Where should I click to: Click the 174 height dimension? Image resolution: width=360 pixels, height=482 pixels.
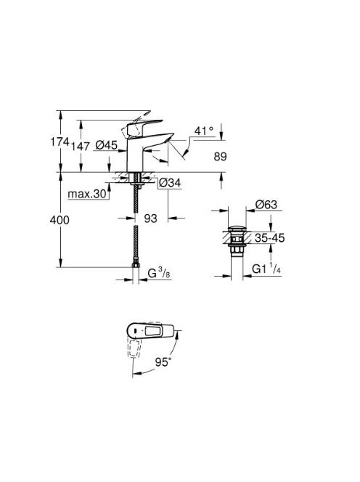[x=60, y=142]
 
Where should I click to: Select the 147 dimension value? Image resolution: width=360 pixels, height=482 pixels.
[x=81, y=146]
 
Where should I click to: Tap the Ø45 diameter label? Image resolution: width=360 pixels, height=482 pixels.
[x=107, y=144]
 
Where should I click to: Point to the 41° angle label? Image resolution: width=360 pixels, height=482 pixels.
[x=204, y=131]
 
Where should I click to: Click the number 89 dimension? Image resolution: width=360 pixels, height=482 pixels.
[x=221, y=157]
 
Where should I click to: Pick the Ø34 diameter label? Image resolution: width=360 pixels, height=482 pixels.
[x=170, y=183]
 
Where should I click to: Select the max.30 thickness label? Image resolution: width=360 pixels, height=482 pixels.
[x=87, y=194]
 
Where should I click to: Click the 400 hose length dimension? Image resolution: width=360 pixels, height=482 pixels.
[x=60, y=220]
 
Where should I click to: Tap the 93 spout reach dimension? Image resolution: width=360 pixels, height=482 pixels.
[x=151, y=218]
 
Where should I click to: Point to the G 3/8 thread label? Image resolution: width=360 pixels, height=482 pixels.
[x=159, y=272]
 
